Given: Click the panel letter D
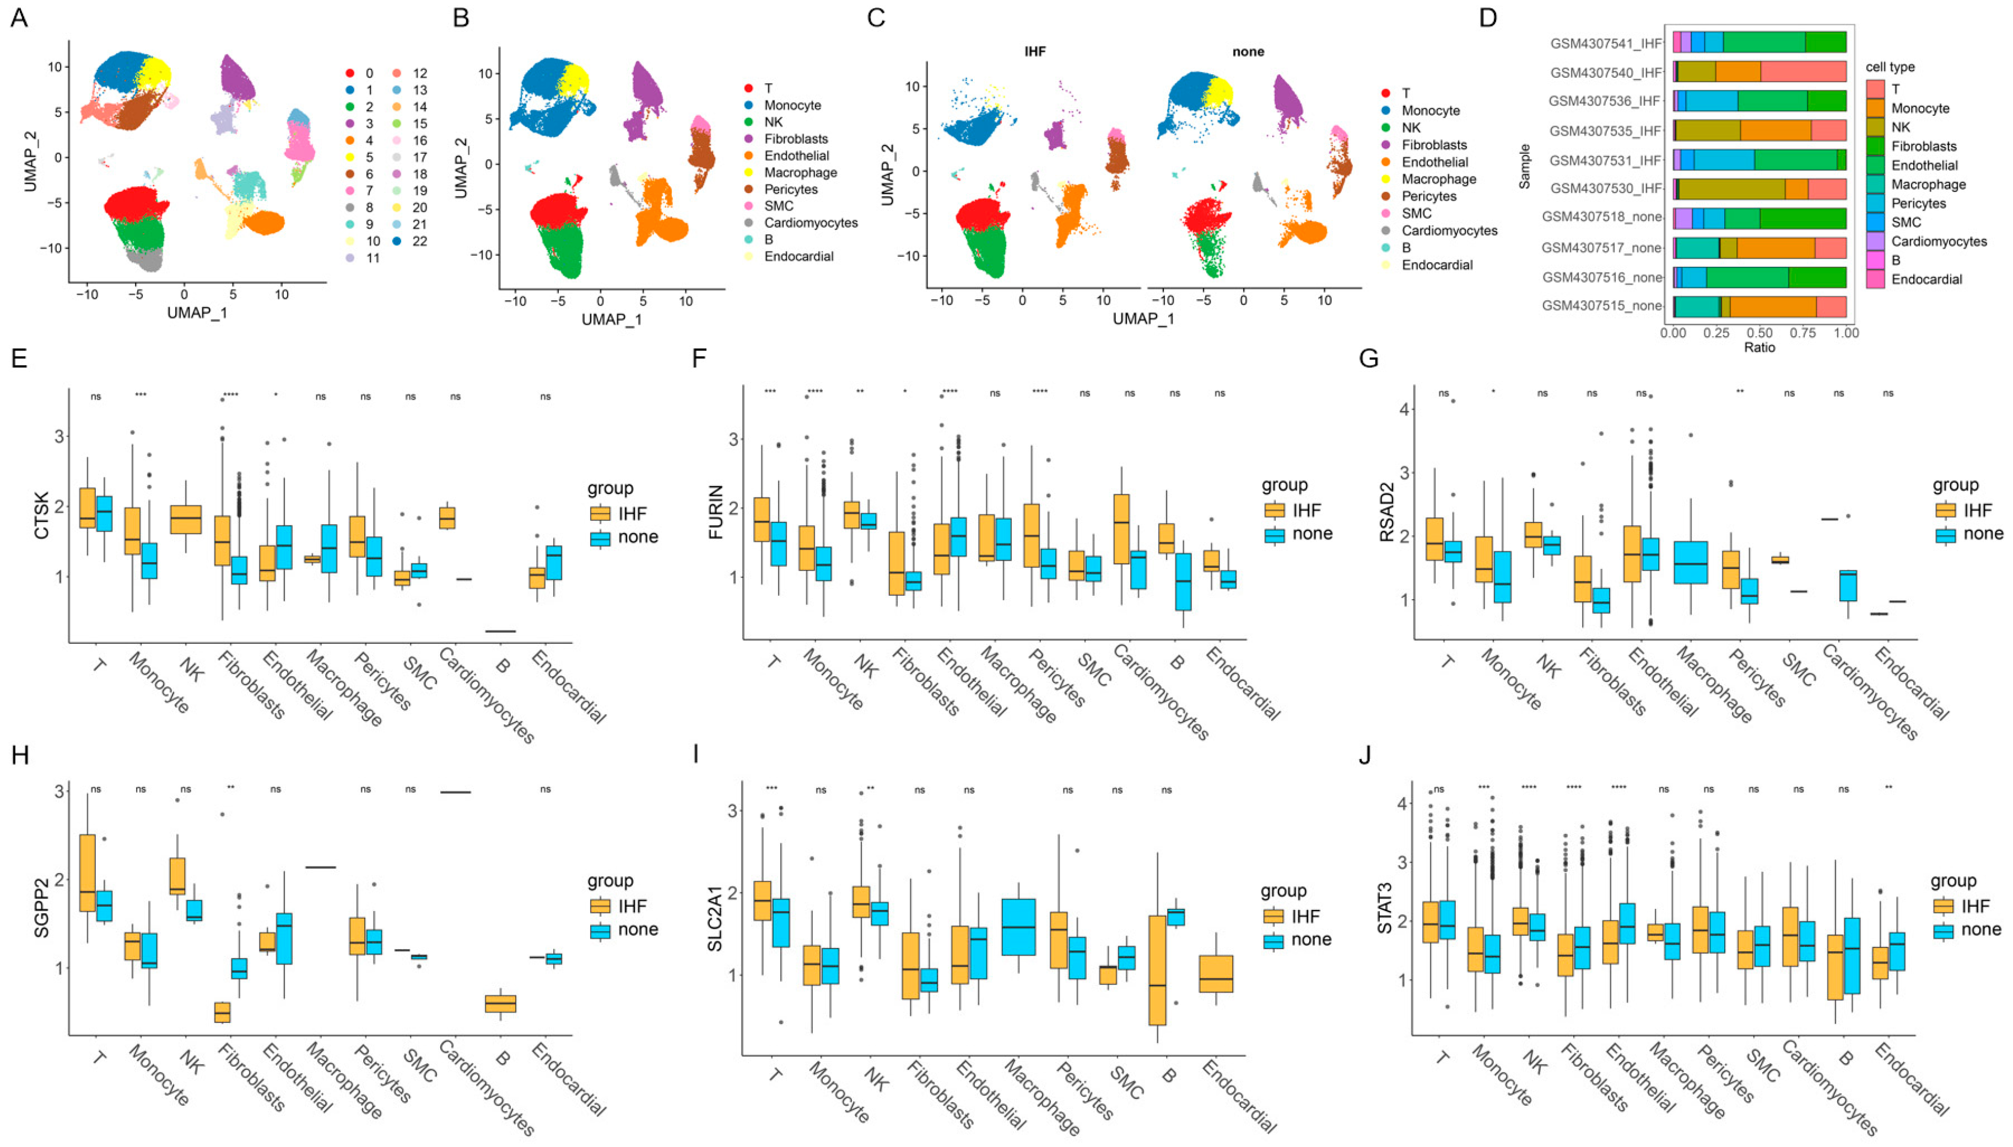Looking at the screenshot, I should point(1488,17).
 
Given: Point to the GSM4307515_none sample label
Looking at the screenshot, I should point(1601,306).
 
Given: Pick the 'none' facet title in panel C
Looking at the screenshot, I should point(1248,52).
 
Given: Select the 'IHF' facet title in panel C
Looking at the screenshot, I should point(1035,52).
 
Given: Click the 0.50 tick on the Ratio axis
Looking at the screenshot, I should point(1760,332).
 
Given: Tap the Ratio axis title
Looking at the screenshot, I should point(1760,347).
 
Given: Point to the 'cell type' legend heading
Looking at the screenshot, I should point(1890,67).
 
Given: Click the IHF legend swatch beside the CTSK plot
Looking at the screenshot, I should point(601,514).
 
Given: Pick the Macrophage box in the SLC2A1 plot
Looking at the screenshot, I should point(1018,927).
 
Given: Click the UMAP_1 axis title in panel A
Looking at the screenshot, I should point(197,313).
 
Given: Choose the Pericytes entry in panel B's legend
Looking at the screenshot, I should point(791,189).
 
